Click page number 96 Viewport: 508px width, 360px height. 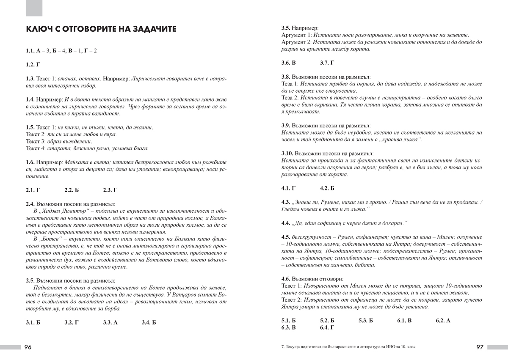28,347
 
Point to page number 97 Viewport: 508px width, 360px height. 480,347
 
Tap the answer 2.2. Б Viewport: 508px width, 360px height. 72,190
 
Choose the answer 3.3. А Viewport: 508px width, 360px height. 110,322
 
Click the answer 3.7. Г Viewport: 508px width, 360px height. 327,63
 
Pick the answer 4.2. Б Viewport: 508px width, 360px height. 327,188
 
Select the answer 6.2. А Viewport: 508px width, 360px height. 443,321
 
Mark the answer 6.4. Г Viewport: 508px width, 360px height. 327,327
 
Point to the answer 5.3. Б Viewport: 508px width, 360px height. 366,321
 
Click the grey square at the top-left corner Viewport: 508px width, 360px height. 34,8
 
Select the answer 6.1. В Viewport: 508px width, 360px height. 404,321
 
